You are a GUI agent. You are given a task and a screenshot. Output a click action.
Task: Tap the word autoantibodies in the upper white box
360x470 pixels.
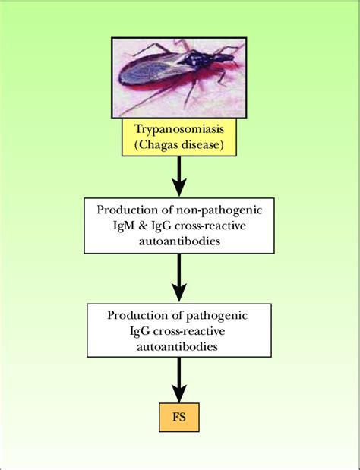pos(179,241)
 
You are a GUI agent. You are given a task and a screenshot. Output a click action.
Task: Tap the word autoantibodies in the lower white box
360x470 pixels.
pos(179,346)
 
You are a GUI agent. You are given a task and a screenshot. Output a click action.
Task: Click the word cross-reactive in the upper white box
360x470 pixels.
pos(212,226)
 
